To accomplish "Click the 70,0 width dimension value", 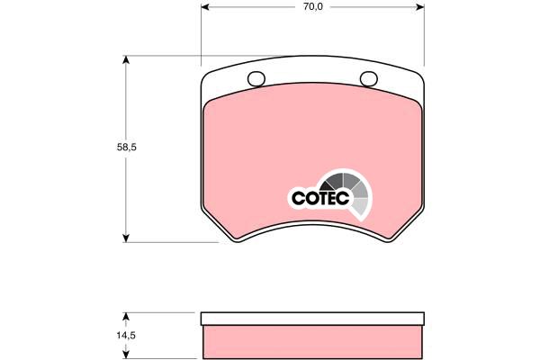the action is tap(313, 6).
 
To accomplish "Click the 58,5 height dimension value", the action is tap(126, 147).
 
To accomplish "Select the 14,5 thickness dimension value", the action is tap(126, 335).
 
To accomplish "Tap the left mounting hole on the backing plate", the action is tap(256, 79).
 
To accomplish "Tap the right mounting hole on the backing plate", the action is tap(369, 79).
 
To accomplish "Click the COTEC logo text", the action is tap(320, 198).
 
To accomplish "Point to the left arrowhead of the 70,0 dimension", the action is tap(205, 7).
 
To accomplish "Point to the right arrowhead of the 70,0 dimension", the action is tap(420, 7).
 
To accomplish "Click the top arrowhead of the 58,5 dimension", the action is tap(126, 60).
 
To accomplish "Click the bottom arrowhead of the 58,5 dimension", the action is tap(126, 238).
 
